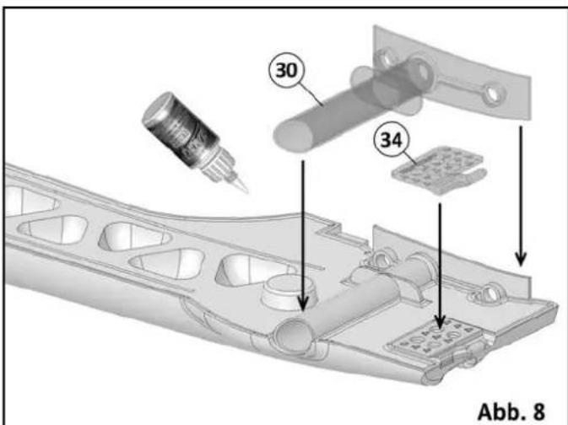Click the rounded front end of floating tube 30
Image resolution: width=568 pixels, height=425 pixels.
click(287, 135)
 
